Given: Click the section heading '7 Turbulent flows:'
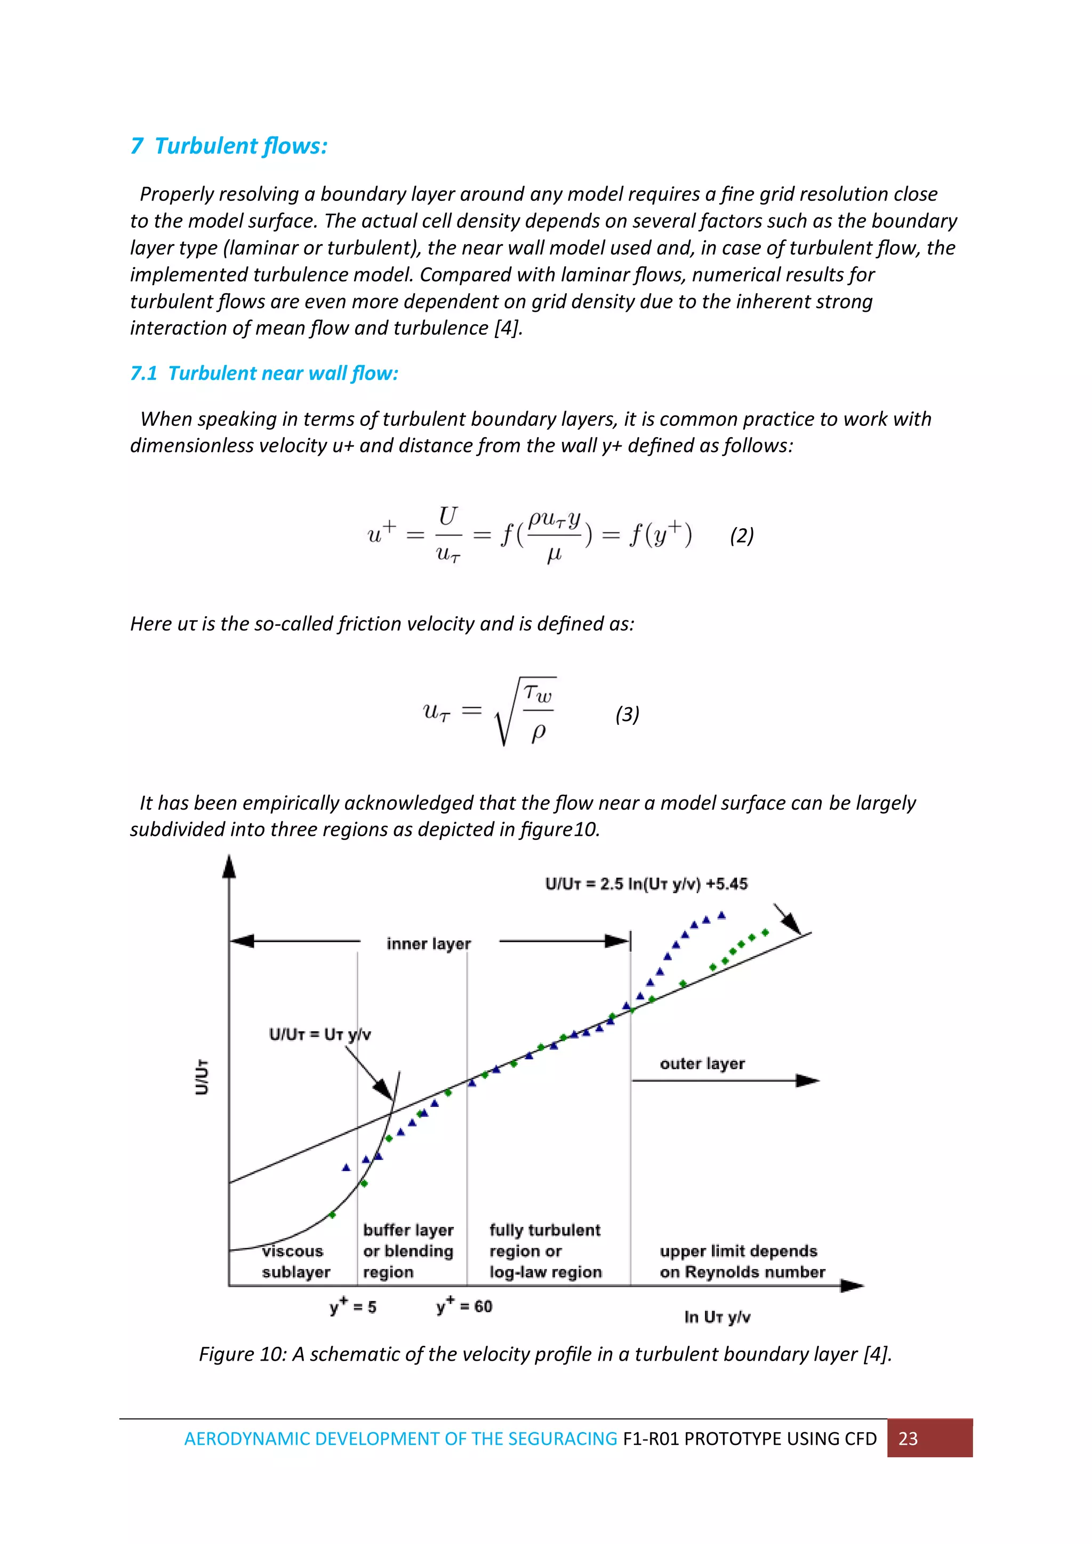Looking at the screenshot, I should [229, 146].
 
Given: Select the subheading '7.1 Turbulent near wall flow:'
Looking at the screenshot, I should [264, 373].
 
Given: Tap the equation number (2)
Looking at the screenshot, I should [742, 536].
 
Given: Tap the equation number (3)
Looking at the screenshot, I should [627, 714].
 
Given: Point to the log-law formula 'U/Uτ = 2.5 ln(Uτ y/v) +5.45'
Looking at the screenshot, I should [646, 884].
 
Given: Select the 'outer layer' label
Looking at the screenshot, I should [702, 1063].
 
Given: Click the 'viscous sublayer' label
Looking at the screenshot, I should [295, 1261].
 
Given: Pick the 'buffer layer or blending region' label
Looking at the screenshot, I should [408, 1250].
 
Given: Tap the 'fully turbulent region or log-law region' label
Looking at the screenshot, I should [545, 1250].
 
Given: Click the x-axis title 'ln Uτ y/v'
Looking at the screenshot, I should [717, 1317].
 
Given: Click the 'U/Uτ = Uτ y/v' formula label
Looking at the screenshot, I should [319, 1034].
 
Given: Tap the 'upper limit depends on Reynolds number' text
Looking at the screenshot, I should [742, 1261].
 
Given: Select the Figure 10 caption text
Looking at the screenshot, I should [545, 1354].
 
